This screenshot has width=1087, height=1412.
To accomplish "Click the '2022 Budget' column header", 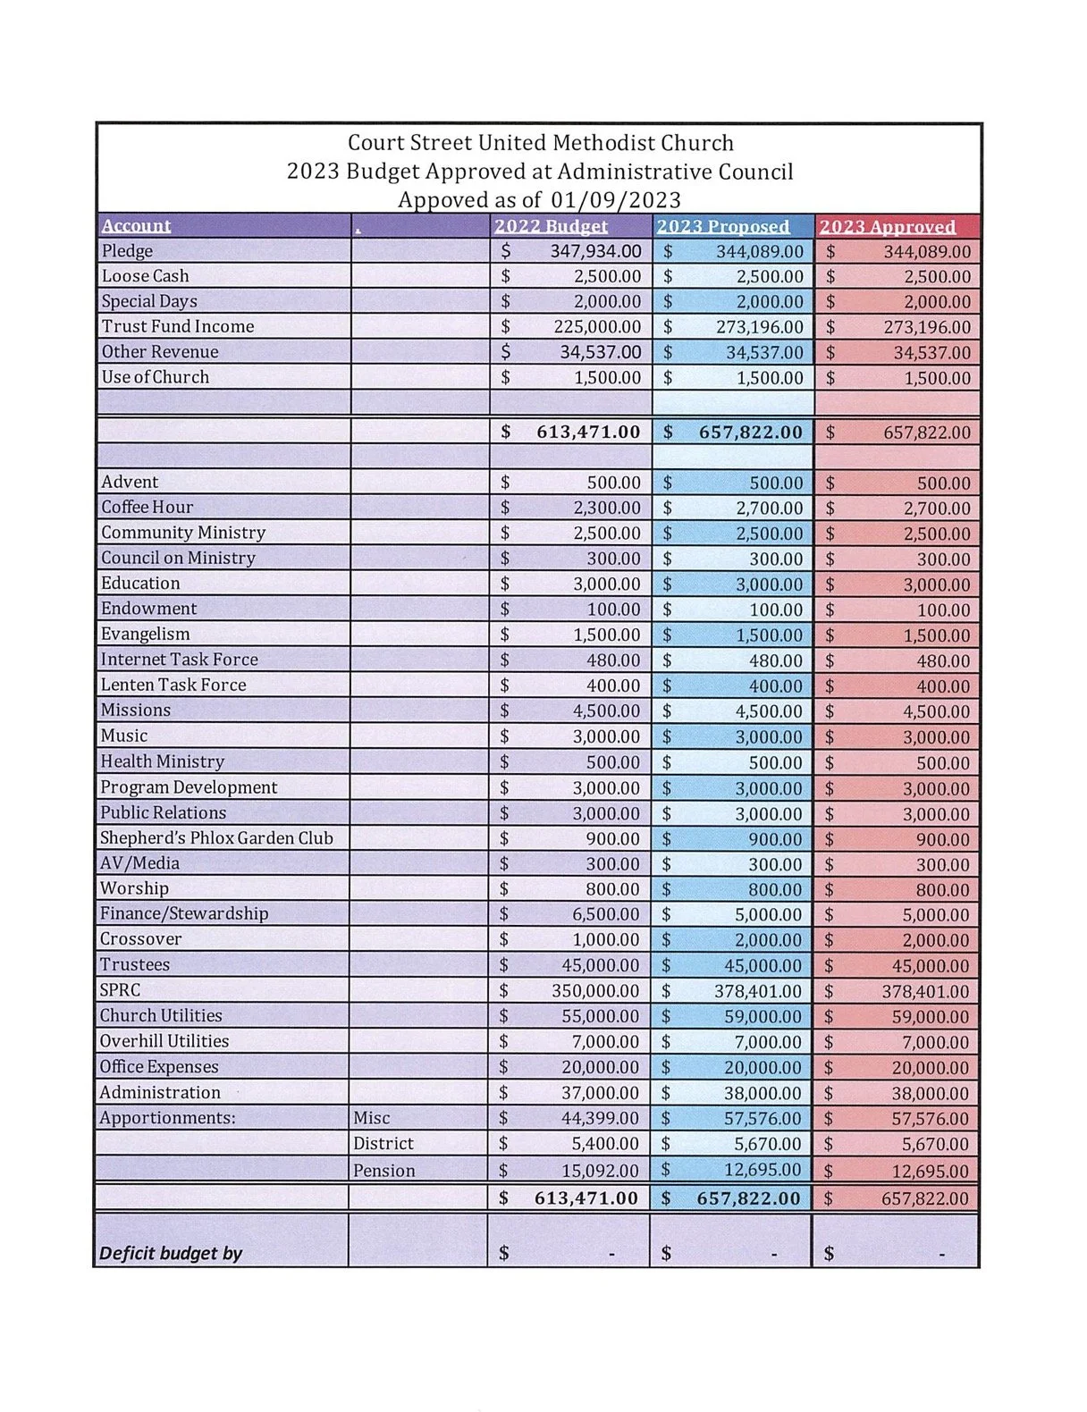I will (x=551, y=226).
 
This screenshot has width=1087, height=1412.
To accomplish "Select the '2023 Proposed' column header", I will (x=723, y=226).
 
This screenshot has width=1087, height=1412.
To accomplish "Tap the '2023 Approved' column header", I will (x=887, y=226).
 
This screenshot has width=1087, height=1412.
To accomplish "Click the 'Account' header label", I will (x=136, y=225).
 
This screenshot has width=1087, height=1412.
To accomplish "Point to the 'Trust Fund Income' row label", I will (x=178, y=326).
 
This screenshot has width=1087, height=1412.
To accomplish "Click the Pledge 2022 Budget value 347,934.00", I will (x=595, y=251).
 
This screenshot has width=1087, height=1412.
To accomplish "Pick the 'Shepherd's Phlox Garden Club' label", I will (x=216, y=838).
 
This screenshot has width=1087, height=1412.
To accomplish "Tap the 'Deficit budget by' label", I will (x=171, y=1253).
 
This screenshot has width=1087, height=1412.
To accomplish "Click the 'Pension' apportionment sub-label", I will (x=383, y=1171).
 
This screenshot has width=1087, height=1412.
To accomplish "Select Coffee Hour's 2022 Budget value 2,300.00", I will (x=607, y=508).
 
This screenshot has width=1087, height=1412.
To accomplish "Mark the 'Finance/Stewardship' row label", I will (x=184, y=913).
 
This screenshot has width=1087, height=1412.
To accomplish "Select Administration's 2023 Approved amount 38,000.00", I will (x=930, y=1093).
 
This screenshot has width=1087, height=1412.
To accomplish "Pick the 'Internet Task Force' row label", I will (x=179, y=660).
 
